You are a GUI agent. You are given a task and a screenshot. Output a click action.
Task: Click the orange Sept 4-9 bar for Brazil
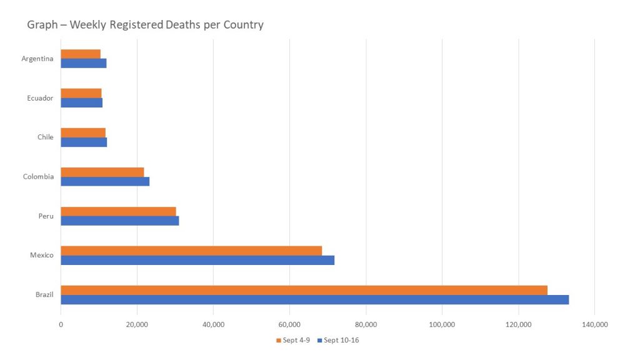point(304,290)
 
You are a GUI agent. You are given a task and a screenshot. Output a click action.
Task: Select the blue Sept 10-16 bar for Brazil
point(314,299)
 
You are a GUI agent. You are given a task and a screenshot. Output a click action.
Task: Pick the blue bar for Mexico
point(197,260)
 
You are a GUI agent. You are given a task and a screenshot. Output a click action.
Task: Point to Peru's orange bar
point(118,211)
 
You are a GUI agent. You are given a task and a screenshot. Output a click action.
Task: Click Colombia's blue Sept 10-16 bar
point(105,181)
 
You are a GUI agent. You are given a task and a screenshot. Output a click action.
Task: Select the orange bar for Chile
point(83,132)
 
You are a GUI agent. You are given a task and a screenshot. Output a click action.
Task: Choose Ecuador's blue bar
point(81,102)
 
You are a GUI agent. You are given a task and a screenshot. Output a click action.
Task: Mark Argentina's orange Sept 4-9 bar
point(81,54)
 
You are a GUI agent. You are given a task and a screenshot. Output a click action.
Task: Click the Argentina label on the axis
point(37,59)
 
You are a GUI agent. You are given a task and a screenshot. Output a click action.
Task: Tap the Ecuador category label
point(40,98)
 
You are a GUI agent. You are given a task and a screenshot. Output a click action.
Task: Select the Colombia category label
point(38,176)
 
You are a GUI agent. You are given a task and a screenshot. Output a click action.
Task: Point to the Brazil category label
point(44,294)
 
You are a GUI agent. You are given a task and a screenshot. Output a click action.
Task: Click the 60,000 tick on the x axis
point(289,324)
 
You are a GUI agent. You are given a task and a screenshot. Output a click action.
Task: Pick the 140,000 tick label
point(594,324)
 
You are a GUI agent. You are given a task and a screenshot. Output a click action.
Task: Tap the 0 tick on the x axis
point(61,324)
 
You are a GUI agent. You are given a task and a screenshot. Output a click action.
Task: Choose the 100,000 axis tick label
point(442,324)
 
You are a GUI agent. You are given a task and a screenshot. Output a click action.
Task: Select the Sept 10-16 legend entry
point(341,341)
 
